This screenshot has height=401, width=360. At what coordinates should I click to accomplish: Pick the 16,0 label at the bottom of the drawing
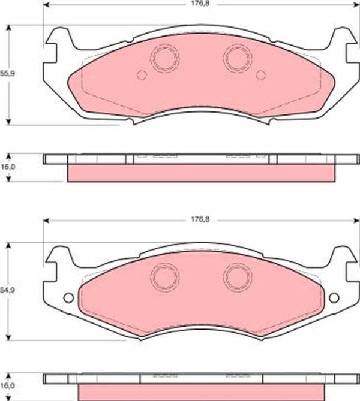tap(6, 386)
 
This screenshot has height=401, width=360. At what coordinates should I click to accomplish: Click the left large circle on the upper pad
tap(164, 58)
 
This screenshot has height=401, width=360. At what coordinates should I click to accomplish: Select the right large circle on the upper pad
tap(238, 58)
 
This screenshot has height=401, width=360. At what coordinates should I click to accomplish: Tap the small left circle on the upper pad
tap(142, 75)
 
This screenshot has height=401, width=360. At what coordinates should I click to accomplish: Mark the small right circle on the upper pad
tap(260, 75)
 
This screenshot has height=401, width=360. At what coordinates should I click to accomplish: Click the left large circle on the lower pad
tap(164, 276)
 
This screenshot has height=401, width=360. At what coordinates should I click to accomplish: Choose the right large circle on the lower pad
tap(238, 276)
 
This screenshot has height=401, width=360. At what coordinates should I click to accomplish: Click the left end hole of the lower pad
tap(68, 297)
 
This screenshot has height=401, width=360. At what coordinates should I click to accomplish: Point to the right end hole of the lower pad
tap(334, 297)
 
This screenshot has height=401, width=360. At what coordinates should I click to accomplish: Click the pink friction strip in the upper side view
tap(201, 173)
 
